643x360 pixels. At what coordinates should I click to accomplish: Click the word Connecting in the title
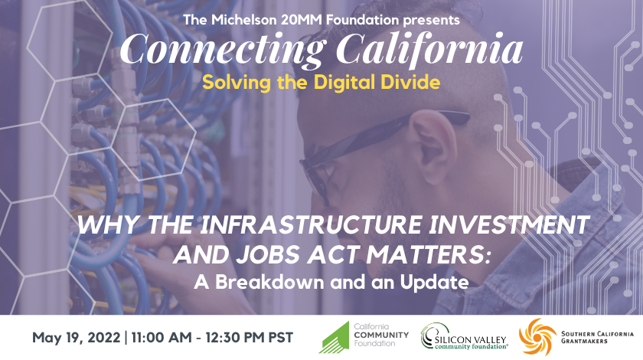coord(221,50)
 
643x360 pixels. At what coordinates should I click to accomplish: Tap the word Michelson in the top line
coord(244,20)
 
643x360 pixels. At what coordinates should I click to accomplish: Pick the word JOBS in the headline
coord(268,254)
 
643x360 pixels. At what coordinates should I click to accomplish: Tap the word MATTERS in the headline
coord(426,254)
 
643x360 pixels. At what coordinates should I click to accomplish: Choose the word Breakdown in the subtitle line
coord(269,282)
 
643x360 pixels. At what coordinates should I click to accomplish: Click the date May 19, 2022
coord(77,338)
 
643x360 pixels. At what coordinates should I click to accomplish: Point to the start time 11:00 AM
coord(162,338)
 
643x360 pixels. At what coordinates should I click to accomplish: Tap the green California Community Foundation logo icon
coord(336,339)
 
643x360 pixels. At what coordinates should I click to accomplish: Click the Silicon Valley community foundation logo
coord(464,336)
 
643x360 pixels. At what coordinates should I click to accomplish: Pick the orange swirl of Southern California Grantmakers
coord(537,336)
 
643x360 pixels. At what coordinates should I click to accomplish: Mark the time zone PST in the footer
coord(281,338)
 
